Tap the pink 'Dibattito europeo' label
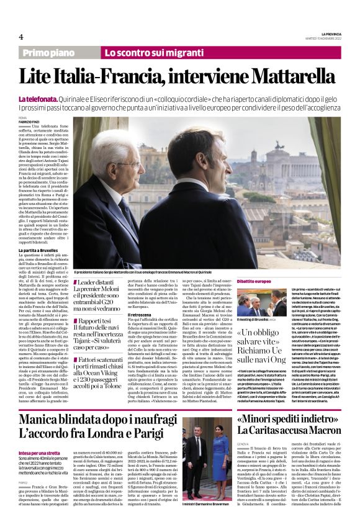254,281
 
